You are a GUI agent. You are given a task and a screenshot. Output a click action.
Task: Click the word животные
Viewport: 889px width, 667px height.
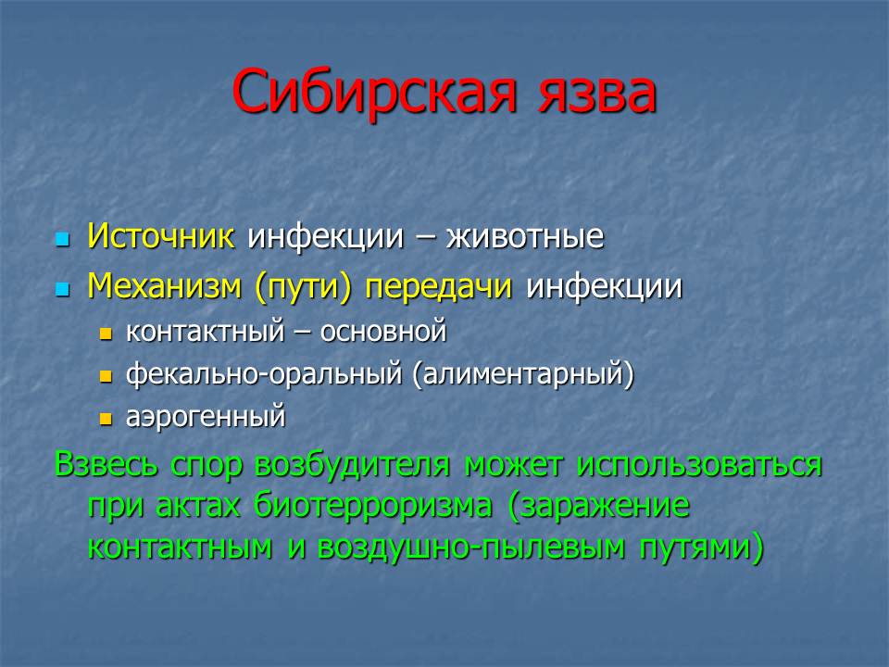(x=525, y=236)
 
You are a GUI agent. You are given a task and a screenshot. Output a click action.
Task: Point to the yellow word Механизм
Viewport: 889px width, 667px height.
(x=165, y=285)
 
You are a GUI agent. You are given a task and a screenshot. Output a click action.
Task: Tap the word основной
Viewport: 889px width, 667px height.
(x=383, y=332)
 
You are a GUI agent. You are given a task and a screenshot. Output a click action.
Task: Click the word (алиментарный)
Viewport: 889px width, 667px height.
(x=522, y=374)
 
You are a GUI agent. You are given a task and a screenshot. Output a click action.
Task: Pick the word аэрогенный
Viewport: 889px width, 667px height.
(x=206, y=418)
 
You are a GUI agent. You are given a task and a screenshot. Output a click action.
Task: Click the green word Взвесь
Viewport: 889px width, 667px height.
(x=106, y=463)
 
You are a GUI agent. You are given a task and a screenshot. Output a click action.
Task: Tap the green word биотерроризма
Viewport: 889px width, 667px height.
(x=372, y=506)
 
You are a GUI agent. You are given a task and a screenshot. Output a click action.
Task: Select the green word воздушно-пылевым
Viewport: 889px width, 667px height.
(x=471, y=547)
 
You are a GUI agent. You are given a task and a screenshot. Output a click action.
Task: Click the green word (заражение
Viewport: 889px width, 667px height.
(x=598, y=506)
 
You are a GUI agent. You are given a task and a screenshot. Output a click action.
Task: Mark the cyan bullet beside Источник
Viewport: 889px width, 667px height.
(x=62, y=239)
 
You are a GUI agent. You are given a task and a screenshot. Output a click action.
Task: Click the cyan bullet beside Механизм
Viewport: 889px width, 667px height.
(x=62, y=290)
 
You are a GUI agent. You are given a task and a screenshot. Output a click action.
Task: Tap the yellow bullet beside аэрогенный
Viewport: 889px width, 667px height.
(x=106, y=419)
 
